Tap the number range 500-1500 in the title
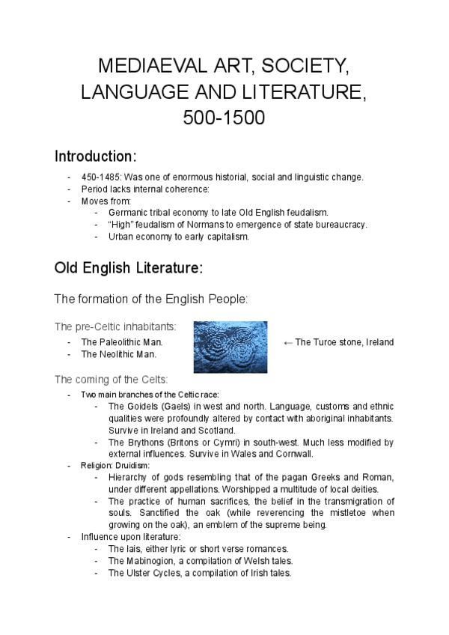tap(224, 118)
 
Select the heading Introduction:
tap(96, 157)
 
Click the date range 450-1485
tap(100, 177)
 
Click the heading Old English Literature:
tap(128, 267)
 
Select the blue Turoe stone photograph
tap(230, 347)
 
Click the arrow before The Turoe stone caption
tap(288, 342)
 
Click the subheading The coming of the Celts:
tap(112, 379)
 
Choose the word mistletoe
tap(342, 513)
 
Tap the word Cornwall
tap(294, 454)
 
